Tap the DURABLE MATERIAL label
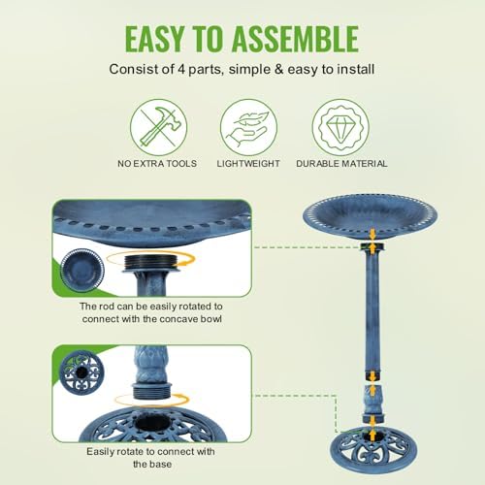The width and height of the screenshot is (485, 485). pos(341,164)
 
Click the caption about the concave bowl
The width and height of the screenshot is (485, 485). pos(158,314)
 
